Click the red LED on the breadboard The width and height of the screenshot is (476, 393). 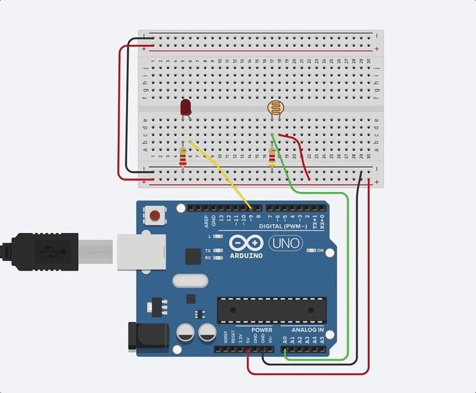tap(186, 107)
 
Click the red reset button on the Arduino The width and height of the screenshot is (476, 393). tap(154, 215)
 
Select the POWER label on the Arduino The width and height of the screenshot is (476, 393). tap(262, 330)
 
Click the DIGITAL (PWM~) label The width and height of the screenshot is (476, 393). tap(283, 227)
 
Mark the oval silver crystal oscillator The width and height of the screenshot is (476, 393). tap(190, 280)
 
